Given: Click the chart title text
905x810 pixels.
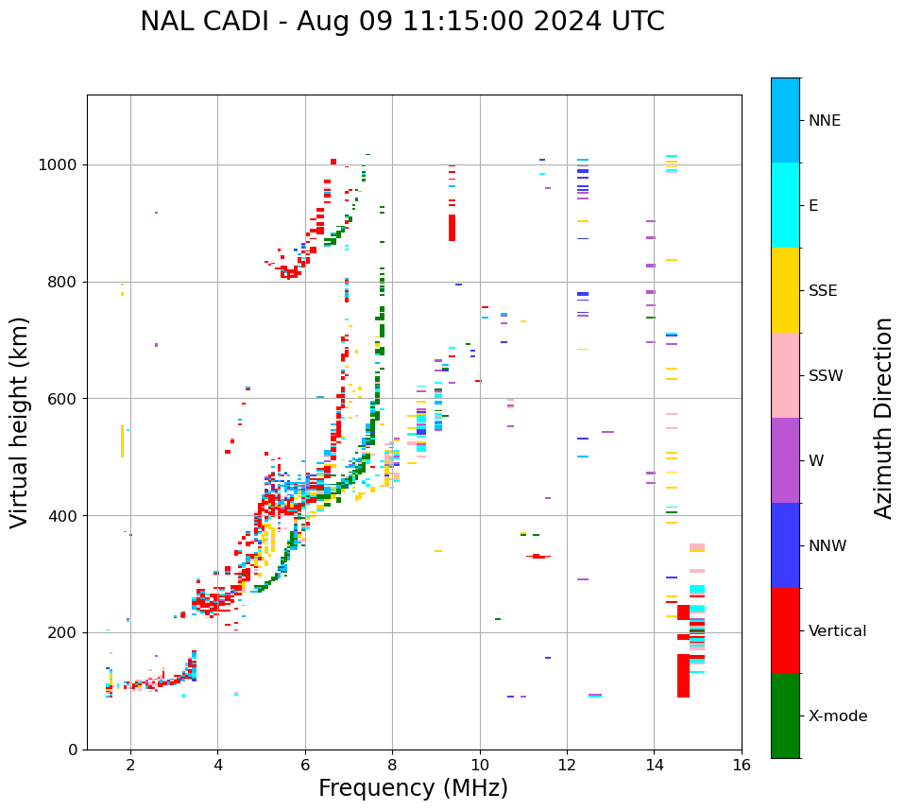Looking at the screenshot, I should tap(401, 22).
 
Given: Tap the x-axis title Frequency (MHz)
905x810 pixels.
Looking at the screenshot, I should tap(413, 788).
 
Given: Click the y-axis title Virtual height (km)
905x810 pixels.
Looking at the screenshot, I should tap(20, 422).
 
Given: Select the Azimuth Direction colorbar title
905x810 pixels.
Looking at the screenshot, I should tap(883, 417).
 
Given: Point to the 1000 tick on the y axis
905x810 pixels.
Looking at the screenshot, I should tap(61, 164).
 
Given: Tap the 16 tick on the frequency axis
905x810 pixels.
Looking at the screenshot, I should tap(742, 765).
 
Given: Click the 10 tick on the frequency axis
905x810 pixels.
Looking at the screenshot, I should tap(479, 765).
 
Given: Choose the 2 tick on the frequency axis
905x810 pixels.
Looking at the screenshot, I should tap(130, 765).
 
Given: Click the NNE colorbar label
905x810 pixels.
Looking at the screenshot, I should tap(825, 121).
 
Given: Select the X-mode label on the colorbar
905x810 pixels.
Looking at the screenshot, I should tap(838, 716).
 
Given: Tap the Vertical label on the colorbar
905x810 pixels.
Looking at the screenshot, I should tap(837, 631).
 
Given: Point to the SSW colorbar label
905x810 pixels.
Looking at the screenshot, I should tap(826, 376).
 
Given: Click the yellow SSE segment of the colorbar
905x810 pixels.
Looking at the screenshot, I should tap(785, 290).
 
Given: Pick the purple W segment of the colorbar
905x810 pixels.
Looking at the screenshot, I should tap(785, 460).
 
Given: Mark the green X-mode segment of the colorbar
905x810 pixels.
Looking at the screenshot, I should tap(785, 715).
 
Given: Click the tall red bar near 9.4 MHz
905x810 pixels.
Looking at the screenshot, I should tap(452, 228).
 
